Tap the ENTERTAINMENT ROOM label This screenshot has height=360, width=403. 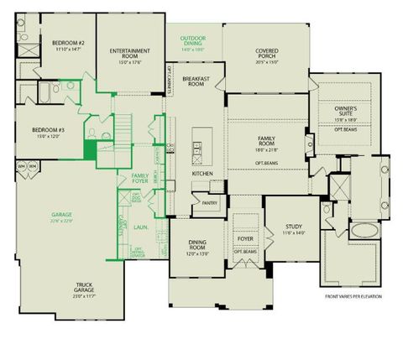click(x=129, y=50)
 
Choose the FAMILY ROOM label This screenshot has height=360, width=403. click(x=266, y=143)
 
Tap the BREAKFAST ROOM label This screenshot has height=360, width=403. click(x=196, y=81)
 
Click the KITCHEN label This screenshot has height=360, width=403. click(x=202, y=173)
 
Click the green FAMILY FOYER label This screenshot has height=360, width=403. click(x=140, y=177)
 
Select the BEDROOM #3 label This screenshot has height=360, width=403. click(x=48, y=129)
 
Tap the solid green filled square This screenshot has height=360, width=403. click(x=89, y=150)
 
